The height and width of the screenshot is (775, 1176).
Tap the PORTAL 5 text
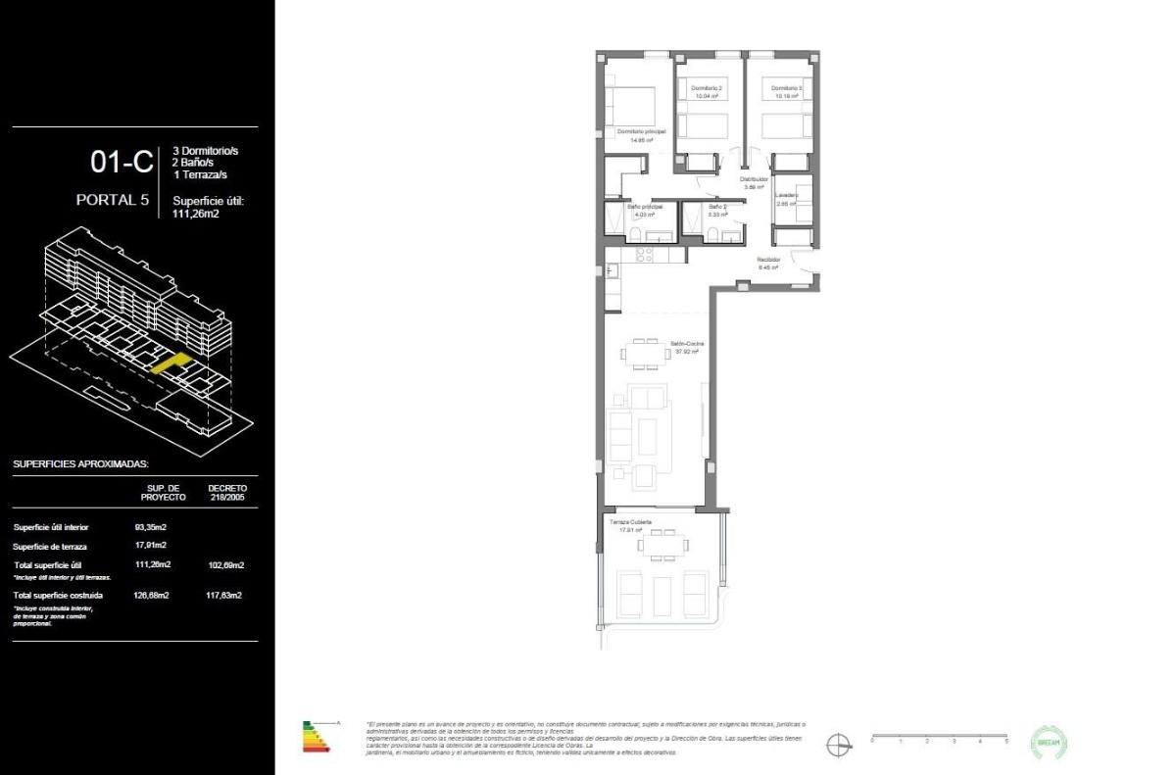113,200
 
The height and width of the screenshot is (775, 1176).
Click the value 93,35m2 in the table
150,527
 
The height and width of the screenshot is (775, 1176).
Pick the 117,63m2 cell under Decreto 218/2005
225,595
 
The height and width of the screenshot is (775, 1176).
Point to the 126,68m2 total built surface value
152,595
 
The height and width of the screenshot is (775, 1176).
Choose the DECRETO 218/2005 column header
227,492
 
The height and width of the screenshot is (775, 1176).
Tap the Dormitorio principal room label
641,131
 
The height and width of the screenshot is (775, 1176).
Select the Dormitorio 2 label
707,88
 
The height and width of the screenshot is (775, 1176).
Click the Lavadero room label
787,195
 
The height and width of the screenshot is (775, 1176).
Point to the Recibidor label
767,260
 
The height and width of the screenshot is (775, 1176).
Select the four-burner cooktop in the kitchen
644,255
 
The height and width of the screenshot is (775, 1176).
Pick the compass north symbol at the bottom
839,744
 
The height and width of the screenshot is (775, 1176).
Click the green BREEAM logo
1050,742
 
